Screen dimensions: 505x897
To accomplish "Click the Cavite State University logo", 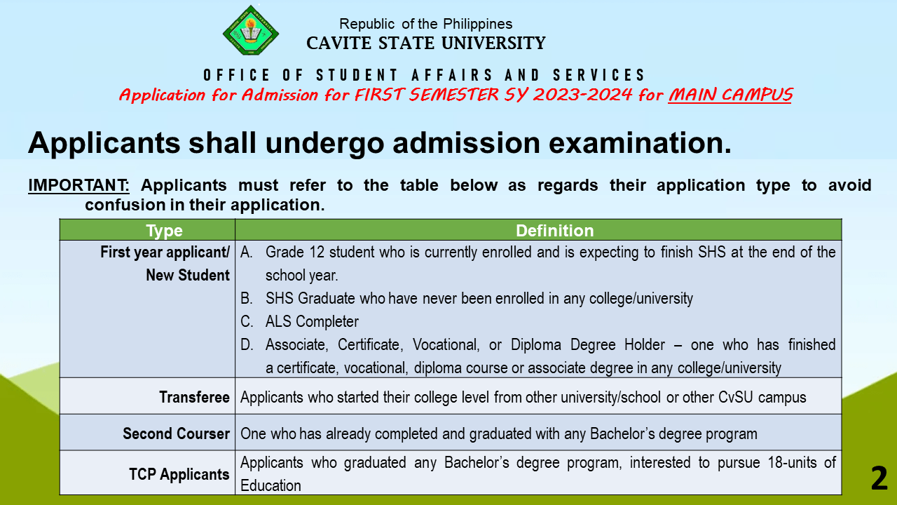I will [x=250, y=31].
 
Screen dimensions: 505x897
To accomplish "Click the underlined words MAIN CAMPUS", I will [x=730, y=95].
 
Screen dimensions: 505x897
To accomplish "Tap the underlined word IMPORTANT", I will [x=78, y=185].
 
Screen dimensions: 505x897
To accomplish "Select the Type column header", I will [x=164, y=231].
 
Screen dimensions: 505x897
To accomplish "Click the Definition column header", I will [x=554, y=231].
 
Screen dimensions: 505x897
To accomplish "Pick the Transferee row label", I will [x=194, y=397].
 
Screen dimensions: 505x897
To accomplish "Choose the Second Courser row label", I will [x=176, y=433].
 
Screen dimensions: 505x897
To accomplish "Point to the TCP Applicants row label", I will [x=179, y=474].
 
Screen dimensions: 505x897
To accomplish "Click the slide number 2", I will [x=879, y=479].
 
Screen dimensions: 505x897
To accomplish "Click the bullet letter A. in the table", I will [x=247, y=252].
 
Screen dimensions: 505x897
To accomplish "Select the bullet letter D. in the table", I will [x=247, y=345].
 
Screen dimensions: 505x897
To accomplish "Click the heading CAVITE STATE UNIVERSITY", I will [x=425, y=43].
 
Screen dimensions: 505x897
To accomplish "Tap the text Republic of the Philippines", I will [x=425, y=24].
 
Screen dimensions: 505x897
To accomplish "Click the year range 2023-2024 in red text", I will [x=575, y=95].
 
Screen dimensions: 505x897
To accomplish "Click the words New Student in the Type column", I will [x=187, y=276].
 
